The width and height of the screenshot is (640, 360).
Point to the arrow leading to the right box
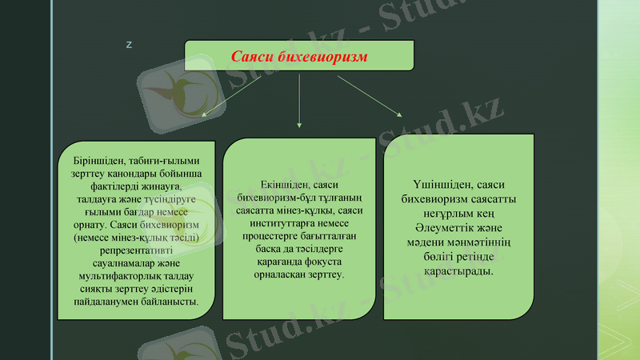click(x=370, y=95)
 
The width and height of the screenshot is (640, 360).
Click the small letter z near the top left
click(x=129, y=43)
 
